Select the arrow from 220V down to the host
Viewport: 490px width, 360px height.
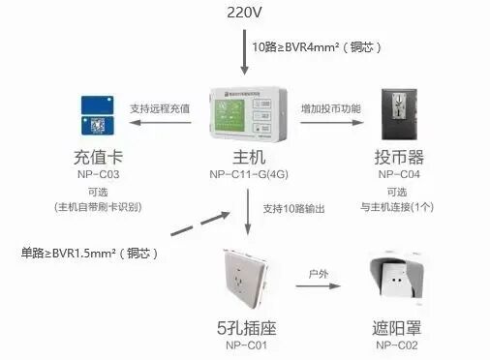pyautogui.click(x=244, y=53)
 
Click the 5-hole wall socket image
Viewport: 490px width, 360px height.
pyautogui.click(x=247, y=280)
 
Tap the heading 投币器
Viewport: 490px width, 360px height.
pyautogui.click(x=397, y=157)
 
